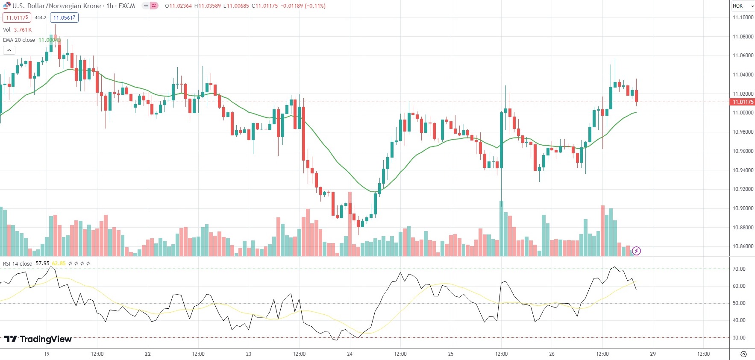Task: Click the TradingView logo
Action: point(38,339)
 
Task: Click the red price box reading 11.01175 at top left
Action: point(17,18)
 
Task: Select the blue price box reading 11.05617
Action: point(64,18)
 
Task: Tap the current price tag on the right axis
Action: point(743,102)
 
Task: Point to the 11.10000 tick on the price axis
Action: point(743,18)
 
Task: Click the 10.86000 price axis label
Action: point(743,246)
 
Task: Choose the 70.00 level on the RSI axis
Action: point(739,269)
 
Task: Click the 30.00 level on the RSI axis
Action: point(739,338)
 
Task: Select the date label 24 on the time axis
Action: point(350,354)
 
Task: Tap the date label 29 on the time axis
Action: point(653,354)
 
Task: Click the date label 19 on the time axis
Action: point(47,354)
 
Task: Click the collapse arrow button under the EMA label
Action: point(9,50)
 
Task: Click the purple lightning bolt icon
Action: point(636,251)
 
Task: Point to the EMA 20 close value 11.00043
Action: point(50,40)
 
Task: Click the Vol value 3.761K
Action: point(23,30)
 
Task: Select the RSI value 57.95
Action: point(42,263)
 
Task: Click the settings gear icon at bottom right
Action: point(743,354)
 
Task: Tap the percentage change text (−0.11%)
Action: point(315,6)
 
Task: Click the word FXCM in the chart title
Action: point(126,6)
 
